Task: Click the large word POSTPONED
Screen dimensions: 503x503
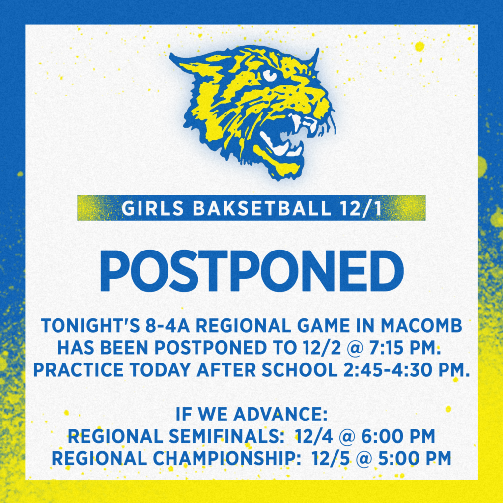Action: click(x=251, y=271)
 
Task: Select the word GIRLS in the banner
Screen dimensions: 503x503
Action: click(x=154, y=208)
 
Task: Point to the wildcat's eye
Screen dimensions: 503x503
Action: click(x=269, y=75)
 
